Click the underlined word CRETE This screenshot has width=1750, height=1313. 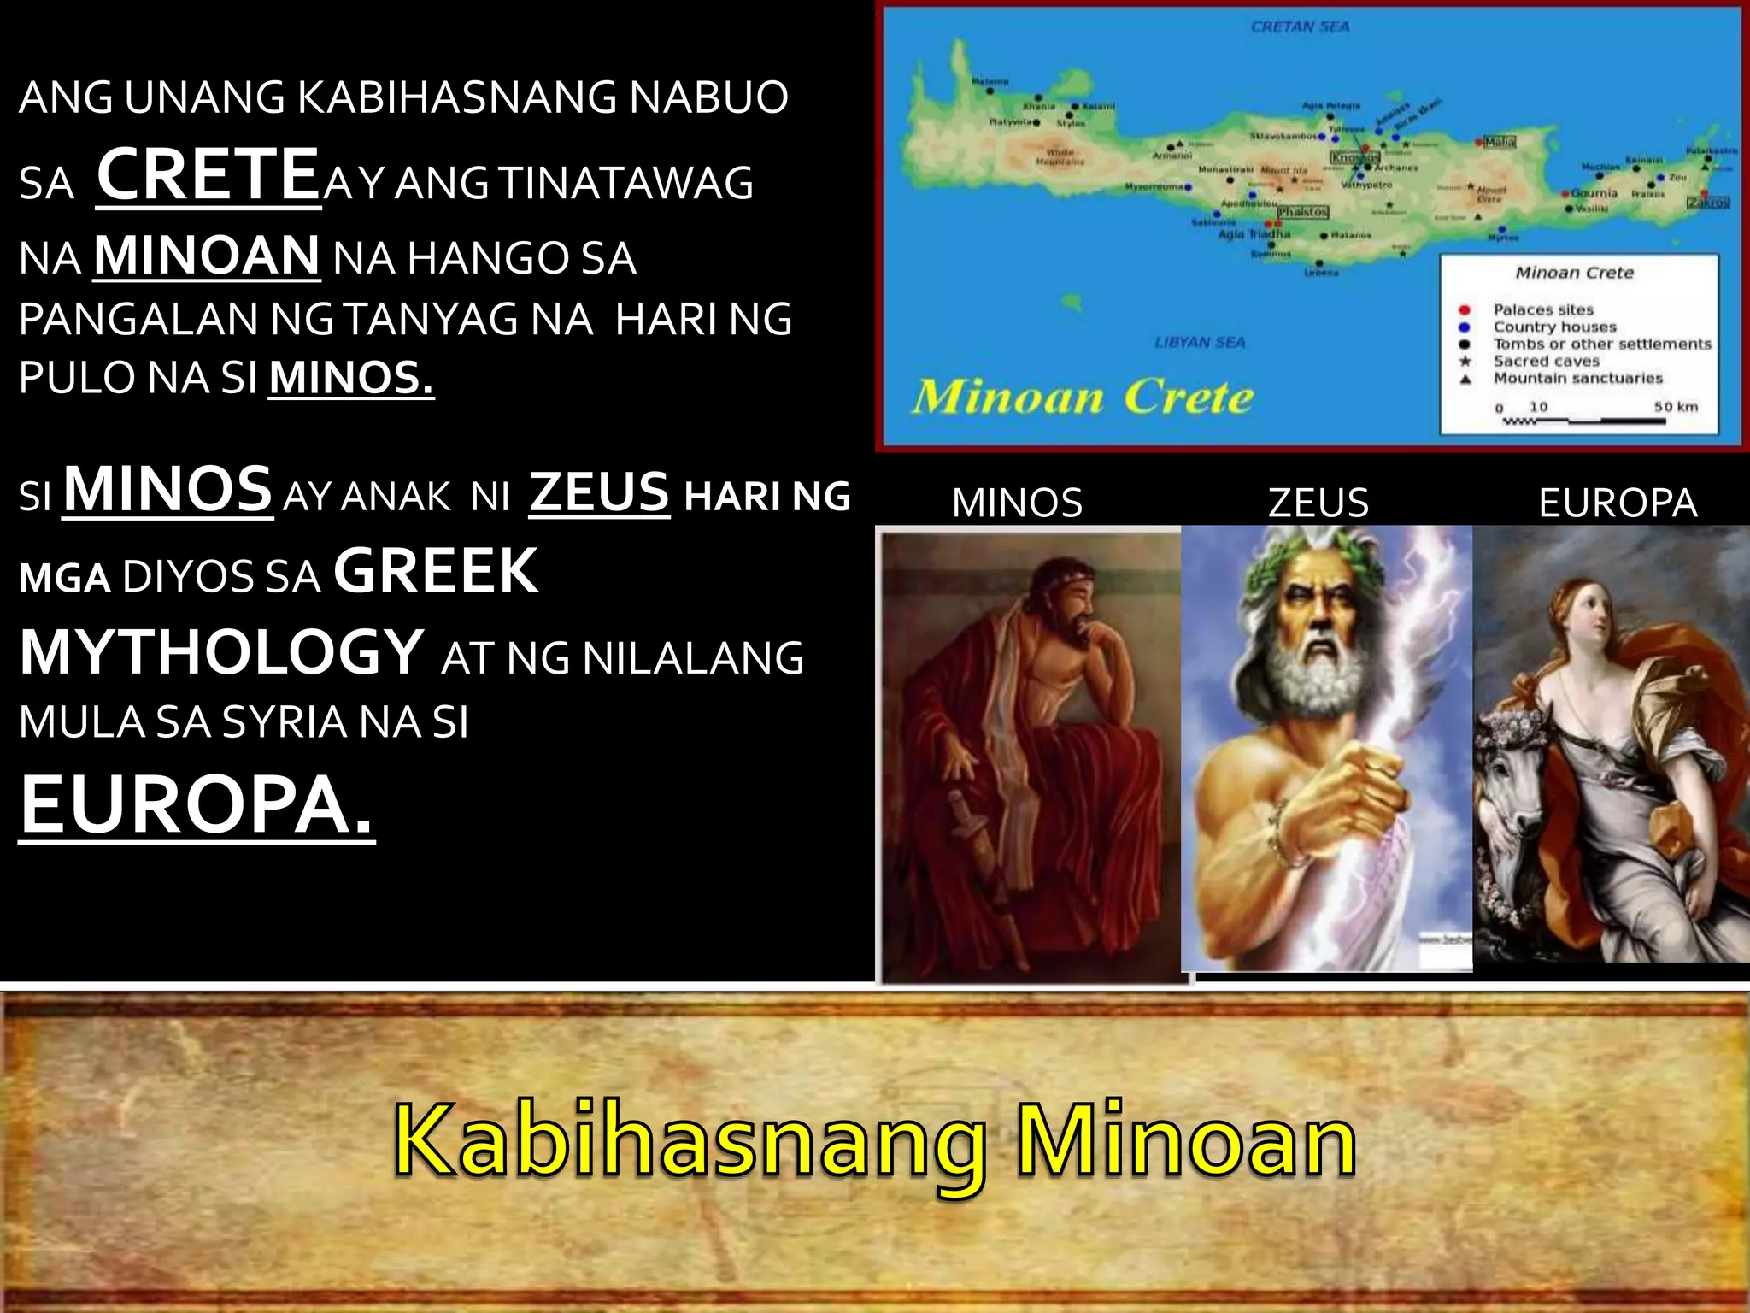click(208, 175)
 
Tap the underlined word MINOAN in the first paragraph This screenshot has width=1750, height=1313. click(207, 256)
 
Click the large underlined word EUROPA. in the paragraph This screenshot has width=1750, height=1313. click(197, 805)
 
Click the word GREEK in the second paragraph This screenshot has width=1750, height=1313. click(436, 572)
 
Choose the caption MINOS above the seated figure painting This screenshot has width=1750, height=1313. click(1017, 503)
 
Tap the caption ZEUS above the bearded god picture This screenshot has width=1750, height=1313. click(1318, 503)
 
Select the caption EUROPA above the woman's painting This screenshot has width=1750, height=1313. click(1618, 503)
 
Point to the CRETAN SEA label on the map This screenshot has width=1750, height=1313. click(1300, 27)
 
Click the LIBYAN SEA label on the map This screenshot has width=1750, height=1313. click(1200, 343)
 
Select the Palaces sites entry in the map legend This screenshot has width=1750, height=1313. click(1543, 309)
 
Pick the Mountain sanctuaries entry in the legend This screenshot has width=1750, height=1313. click(1577, 378)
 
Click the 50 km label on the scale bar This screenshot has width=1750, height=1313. click(1676, 407)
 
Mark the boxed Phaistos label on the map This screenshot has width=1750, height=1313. click(1303, 211)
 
